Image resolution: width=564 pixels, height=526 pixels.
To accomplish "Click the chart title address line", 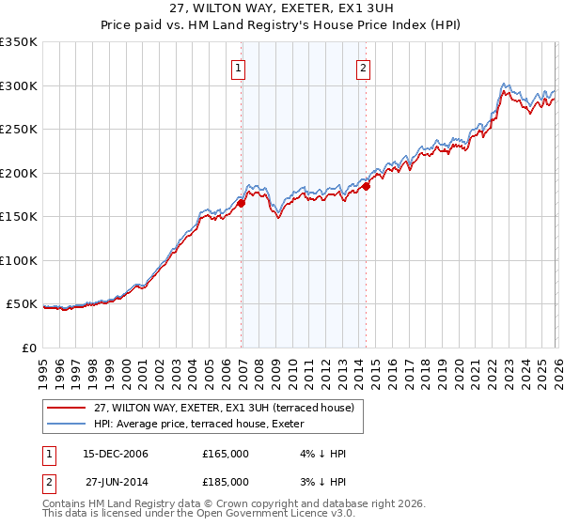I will pyautogui.click(x=281, y=8).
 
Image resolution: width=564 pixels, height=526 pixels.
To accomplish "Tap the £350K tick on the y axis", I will pyautogui.click(x=19, y=42).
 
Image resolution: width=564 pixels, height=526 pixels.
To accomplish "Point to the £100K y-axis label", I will pyautogui.click(x=19, y=260).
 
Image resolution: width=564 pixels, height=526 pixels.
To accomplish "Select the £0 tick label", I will pyautogui.click(x=28, y=348).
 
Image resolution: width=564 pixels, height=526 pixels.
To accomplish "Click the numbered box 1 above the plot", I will pyautogui.click(x=239, y=68).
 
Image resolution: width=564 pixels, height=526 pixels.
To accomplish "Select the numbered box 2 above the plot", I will pyautogui.click(x=363, y=68).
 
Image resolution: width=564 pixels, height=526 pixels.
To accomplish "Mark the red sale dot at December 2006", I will pyautogui.click(x=242, y=203).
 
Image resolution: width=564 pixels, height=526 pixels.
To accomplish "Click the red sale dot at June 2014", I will pyautogui.click(x=367, y=186).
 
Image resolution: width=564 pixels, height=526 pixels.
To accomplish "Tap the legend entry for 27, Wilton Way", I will pyautogui.click(x=224, y=408).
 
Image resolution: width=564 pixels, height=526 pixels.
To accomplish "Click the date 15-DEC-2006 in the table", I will pyautogui.click(x=117, y=454).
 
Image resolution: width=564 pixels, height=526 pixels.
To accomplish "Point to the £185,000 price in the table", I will pyautogui.click(x=226, y=481).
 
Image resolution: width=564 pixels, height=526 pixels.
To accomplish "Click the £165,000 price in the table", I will pyautogui.click(x=226, y=454).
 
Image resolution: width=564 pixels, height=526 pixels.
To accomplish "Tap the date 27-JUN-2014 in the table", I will pyautogui.click(x=117, y=481).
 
